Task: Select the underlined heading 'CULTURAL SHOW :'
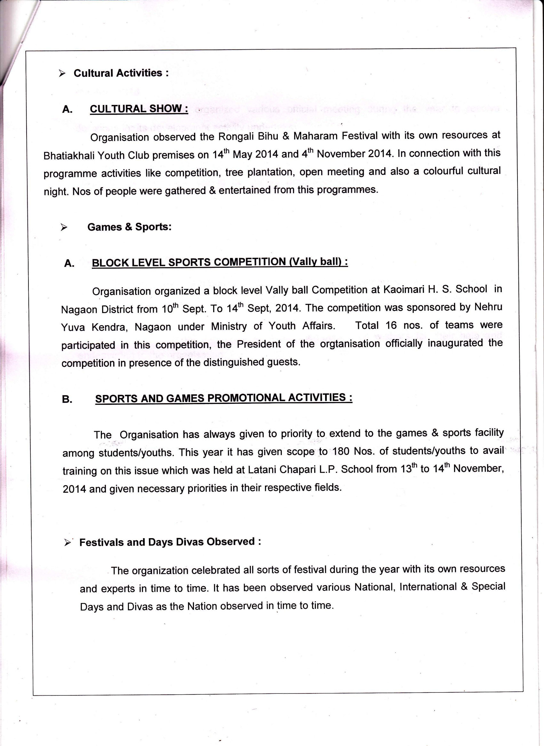click(139, 109)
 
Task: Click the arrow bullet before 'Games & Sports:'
click(64, 227)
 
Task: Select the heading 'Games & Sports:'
click(129, 227)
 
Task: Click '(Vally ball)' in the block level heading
click(318, 261)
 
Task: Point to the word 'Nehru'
click(488, 307)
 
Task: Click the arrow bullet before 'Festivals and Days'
click(68, 543)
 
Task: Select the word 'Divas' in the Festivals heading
click(190, 542)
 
